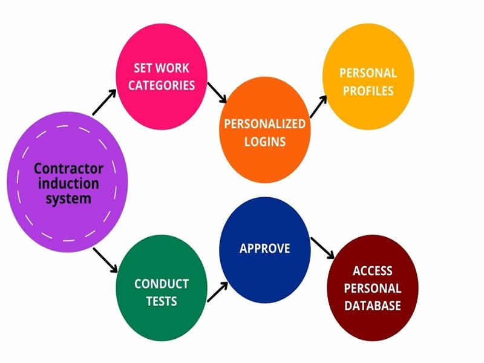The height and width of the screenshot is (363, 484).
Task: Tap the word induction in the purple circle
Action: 68,183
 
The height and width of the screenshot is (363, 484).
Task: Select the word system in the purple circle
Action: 68,198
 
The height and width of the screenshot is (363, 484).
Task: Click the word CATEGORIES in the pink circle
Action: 162,85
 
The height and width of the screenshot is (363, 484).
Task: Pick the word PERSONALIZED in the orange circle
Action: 265,124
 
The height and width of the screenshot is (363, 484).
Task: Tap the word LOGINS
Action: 265,142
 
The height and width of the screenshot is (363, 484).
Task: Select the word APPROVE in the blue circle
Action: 265,249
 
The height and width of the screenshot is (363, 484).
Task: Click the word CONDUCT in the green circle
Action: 162,284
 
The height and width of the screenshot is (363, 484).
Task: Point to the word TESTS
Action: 162,301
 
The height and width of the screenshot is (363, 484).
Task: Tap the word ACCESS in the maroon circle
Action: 373,271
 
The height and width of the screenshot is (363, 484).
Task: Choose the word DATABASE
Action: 373,306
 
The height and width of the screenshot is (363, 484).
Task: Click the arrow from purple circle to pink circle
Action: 104,102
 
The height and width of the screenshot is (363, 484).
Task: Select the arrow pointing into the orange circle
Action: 217,93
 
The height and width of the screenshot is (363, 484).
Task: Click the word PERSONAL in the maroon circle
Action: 373,288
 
